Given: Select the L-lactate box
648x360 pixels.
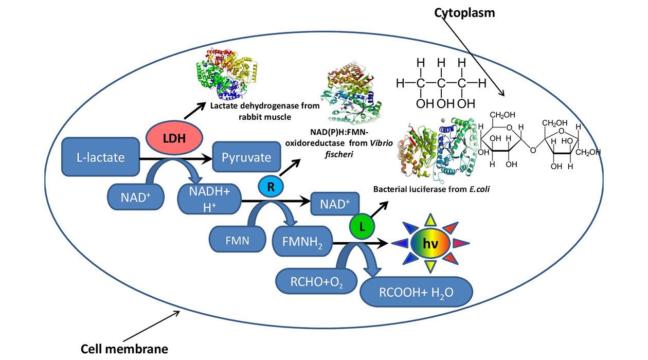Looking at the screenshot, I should (101, 156).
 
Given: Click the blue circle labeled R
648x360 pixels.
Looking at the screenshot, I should (271, 187).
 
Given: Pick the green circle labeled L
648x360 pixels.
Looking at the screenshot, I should (362, 227).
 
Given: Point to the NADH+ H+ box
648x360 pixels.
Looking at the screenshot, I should (209, 199).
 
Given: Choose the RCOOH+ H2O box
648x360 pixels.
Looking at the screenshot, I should (417, 293).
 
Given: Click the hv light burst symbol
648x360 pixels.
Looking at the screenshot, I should (431, 243).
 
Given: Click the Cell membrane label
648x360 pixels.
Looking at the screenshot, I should (124, 349).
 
